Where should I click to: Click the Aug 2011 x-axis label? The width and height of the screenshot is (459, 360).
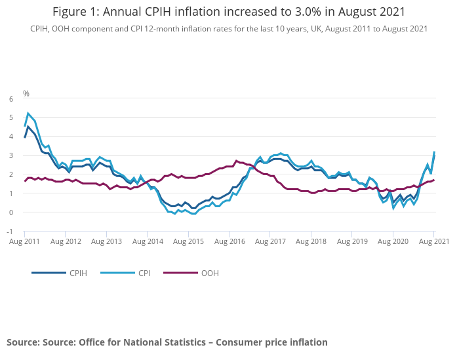(x=24, y=241)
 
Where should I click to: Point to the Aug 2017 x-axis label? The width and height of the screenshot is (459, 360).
(x=270, y=241)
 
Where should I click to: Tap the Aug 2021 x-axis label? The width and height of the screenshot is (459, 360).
(x=433, y=241)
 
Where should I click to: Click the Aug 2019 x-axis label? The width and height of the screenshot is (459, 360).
(x=352, y=241)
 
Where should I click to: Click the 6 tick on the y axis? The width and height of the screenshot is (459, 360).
(x=10, y=99)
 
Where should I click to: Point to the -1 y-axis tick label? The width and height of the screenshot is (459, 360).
(x=9, y=231)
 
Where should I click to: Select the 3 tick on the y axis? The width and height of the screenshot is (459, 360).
(x=10, y=155)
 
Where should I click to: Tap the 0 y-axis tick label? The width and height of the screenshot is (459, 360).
(x=10, y=212)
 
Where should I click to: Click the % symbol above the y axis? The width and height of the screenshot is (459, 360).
(x=26, y=94)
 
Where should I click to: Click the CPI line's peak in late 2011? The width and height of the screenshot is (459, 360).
(x=28, y=113)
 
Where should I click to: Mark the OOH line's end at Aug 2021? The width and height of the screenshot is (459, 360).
(x=433, y=180)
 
